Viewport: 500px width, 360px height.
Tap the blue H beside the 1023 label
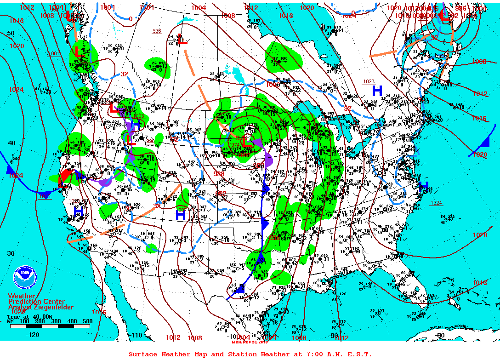click(377, 91)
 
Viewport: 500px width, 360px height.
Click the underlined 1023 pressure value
click(369, 81)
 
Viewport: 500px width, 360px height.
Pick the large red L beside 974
click(247, 142)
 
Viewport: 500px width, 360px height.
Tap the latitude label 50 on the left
click(11, 33)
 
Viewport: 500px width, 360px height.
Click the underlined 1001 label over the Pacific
click(54, 53)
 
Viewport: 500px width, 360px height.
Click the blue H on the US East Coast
click(423, 186)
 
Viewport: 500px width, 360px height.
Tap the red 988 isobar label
click(219, 174)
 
